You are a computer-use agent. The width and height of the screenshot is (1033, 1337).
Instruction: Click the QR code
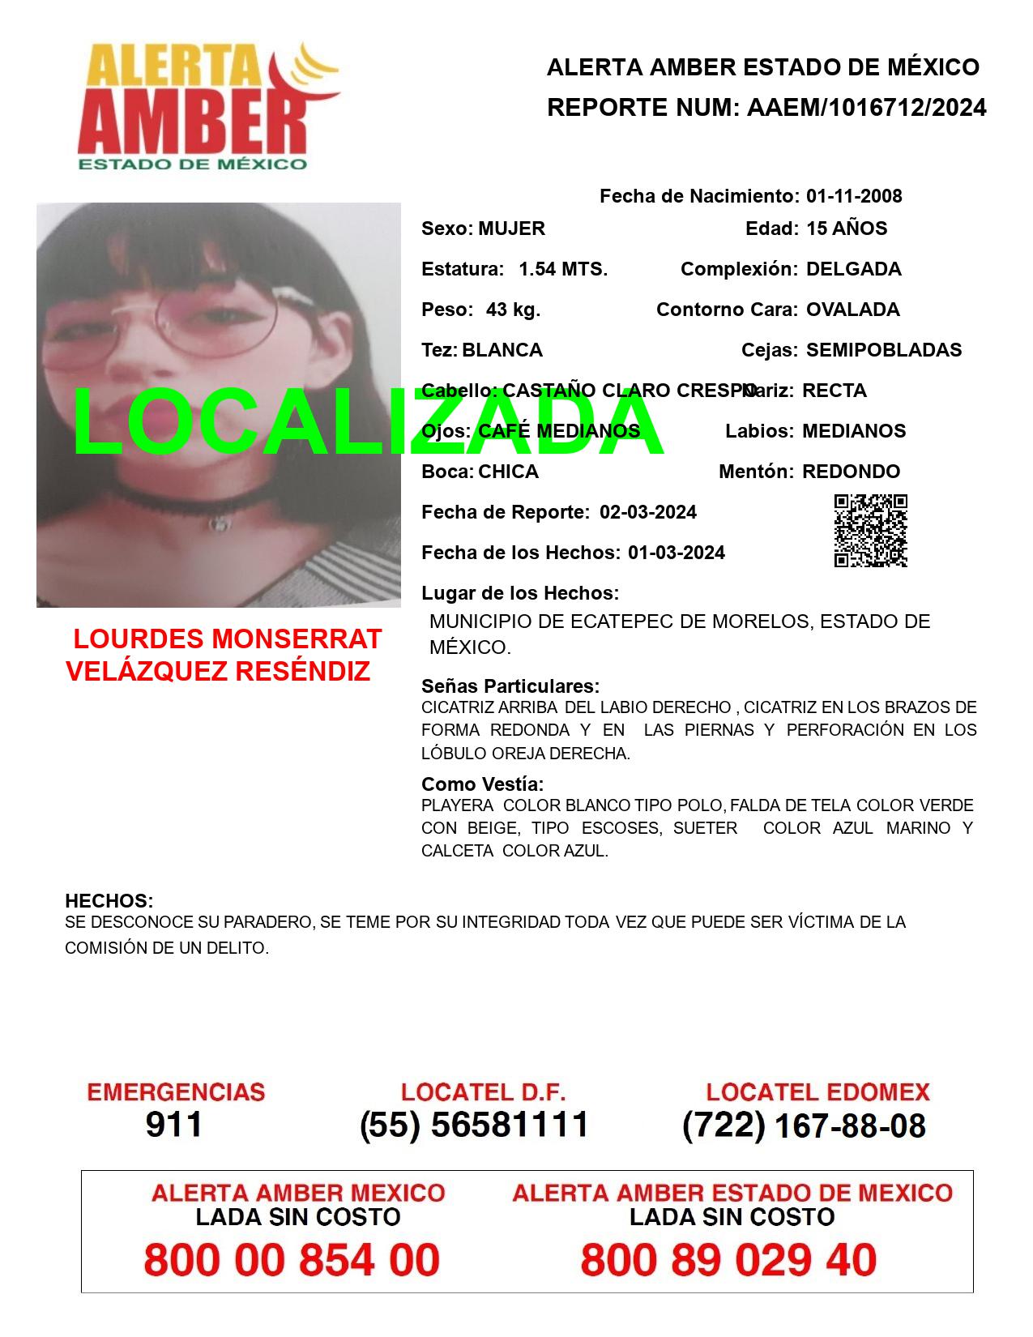click(x=870, y=531)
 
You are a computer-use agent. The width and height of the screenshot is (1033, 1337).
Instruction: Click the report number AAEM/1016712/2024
click(x=866, y=108)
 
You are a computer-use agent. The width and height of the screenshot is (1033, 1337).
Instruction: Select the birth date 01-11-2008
click(x=853, y=196)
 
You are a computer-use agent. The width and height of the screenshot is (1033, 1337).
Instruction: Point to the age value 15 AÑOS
click(x=846, y=229)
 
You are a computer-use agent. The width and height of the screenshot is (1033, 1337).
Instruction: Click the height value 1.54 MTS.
click(x=562, y=269)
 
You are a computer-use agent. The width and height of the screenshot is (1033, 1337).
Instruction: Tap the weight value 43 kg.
click(x=513, y=310)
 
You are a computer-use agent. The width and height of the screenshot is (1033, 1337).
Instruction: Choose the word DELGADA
click(x=853, y=269)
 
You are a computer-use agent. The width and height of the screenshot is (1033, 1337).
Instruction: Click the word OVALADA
click(x=852, y=310)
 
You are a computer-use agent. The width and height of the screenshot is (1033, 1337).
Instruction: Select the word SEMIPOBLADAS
click(x=883, y=350)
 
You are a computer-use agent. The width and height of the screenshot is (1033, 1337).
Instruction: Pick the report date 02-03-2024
click(x=647, y=512)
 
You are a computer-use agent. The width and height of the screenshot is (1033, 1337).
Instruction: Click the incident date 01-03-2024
click(x=676, y=553)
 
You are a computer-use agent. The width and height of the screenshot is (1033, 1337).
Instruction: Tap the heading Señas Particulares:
click(x=510, y=686)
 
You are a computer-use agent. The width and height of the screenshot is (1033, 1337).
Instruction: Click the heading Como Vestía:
click(x=482, y=784)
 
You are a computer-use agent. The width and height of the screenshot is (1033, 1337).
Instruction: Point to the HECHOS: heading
click(x=109, y=901)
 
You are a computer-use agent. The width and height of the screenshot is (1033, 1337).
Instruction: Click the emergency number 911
click(x=174, y=1125)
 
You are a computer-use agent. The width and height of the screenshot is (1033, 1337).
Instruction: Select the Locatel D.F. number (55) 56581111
click(x=474, y=1125)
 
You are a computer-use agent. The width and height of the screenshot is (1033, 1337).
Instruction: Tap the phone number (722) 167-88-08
click(x=804, y=1126)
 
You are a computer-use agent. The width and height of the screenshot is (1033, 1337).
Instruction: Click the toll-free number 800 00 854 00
click(x=292, y=1260)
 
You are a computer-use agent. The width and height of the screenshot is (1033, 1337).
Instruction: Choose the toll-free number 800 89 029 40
click(x=728, y=1260)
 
